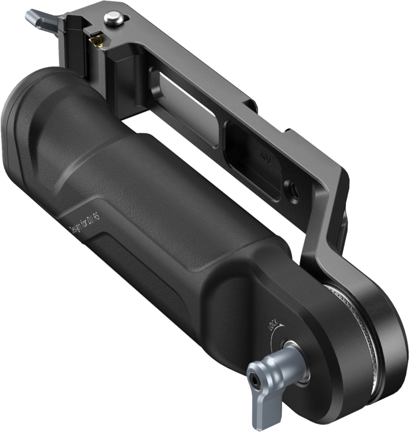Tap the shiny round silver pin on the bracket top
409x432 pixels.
114,18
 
